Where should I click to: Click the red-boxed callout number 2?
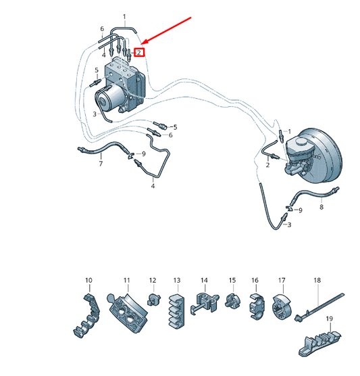pyautogui.click(x=139, y=53)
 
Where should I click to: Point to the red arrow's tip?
pyautogui.click(x=142, y=45)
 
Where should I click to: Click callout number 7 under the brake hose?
pyautogui.click(x=101, y=164)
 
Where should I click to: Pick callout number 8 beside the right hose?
pyautogui.click(x=322, y=207)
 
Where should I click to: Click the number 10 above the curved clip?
pyautogui.click(x=88, y=280)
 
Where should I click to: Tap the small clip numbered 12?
pyautogui.click(x=153, y=300)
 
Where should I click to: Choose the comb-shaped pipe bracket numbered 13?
pyautogui.click(x=176, y=311)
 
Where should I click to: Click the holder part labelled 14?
pyautogui.click(x=204, y=303)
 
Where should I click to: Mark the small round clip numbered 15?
pyautogui.click(x=232, y=301)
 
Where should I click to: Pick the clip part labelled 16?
pyautogui.click(x=256, y=307)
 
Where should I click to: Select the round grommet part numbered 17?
pyautogui.click(x=282, y=307)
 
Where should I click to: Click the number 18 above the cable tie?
pyautogui.click(x=317, y=280)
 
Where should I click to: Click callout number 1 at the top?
pyautogui.click(x=124, y=17)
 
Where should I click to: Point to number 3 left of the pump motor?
pyautogui.click(x=95, y=114)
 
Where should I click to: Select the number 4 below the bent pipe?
pyautogui.click(x=153, y=186)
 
